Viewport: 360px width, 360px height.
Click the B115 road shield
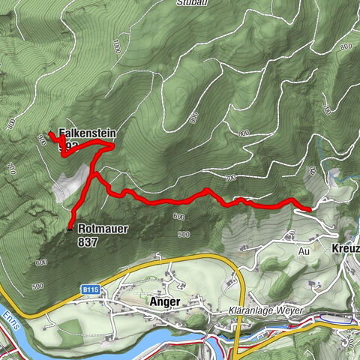(92, 288)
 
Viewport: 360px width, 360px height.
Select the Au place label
(304, 253)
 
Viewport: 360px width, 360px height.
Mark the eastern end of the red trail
(310, 208)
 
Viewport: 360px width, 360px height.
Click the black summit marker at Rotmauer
(70, 229)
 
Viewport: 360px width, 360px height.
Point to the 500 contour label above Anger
(184, 235)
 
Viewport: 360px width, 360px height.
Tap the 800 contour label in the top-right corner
(344, 46)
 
